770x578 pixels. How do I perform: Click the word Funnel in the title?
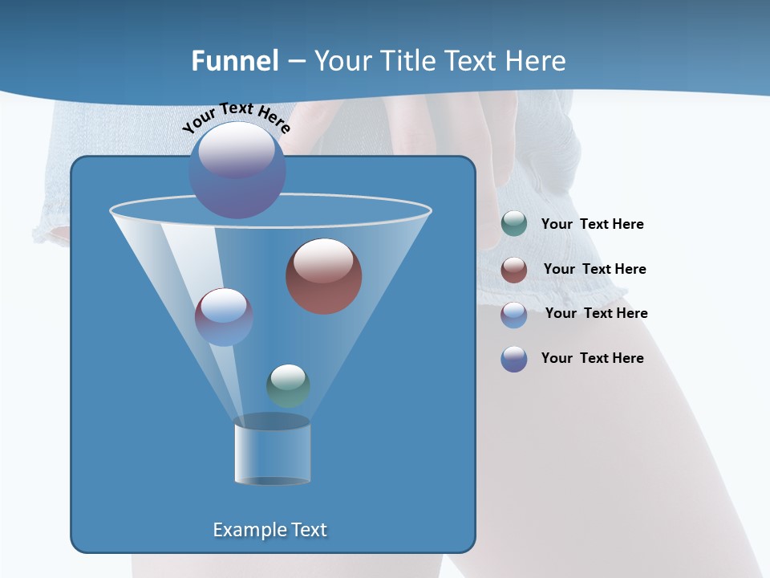(x=235, y=60)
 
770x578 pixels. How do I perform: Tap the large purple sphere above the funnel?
(x=237, y=169)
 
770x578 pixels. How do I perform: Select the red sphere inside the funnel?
(x=324, y=276)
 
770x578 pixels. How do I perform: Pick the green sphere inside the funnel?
(x=288, y=385)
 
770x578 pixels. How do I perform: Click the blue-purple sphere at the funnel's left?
(x=224, y=317)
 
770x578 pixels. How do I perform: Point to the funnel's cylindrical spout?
(x=272, y=451)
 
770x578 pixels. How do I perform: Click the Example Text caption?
(x=270, y=530)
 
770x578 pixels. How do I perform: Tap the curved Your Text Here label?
(x=236, y=117)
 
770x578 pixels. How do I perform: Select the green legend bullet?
(x=514, y=224)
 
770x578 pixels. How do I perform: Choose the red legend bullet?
(x=514, y=270)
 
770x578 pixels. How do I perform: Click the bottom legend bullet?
(x=514, y=359)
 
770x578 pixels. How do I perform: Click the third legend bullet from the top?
(x=514, y=315)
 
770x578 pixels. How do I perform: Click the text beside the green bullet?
(x=592, y=224)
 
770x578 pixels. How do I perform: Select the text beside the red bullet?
(x=594, y=269)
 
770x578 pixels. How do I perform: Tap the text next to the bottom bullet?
(x=592, y=358)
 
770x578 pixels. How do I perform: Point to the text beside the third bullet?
(x=596, y=313)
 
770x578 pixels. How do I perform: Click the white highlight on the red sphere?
(x=323, y=262)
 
